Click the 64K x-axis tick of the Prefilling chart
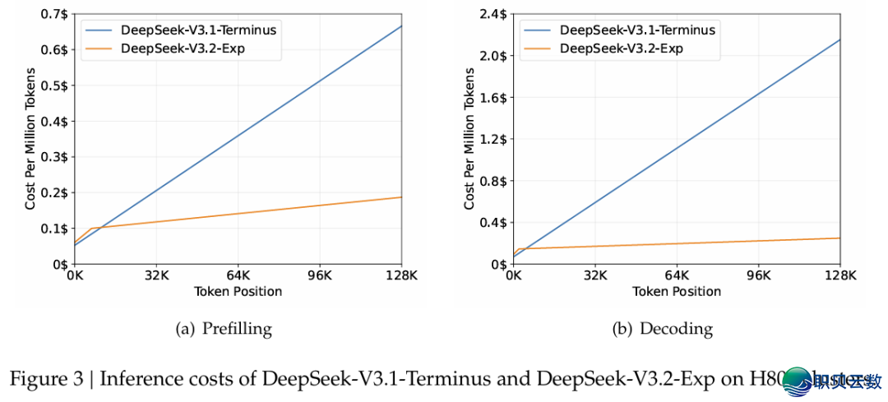(238, 275)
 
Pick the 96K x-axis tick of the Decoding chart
(758, 275)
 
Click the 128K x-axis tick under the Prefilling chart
(400, 275)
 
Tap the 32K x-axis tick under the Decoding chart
(594, 275)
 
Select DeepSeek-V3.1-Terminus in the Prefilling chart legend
(197, 30)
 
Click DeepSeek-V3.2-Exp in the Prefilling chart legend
(183, 49)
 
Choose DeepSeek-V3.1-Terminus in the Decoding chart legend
(637, 30)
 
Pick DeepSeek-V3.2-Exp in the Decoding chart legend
(622, 49)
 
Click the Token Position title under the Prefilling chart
(238, 292)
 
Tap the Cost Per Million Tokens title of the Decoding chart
(469, 140)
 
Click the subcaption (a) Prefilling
(224, 330)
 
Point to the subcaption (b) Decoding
(663, 330)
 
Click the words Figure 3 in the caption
(45, 379)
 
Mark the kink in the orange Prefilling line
(90, 229)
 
